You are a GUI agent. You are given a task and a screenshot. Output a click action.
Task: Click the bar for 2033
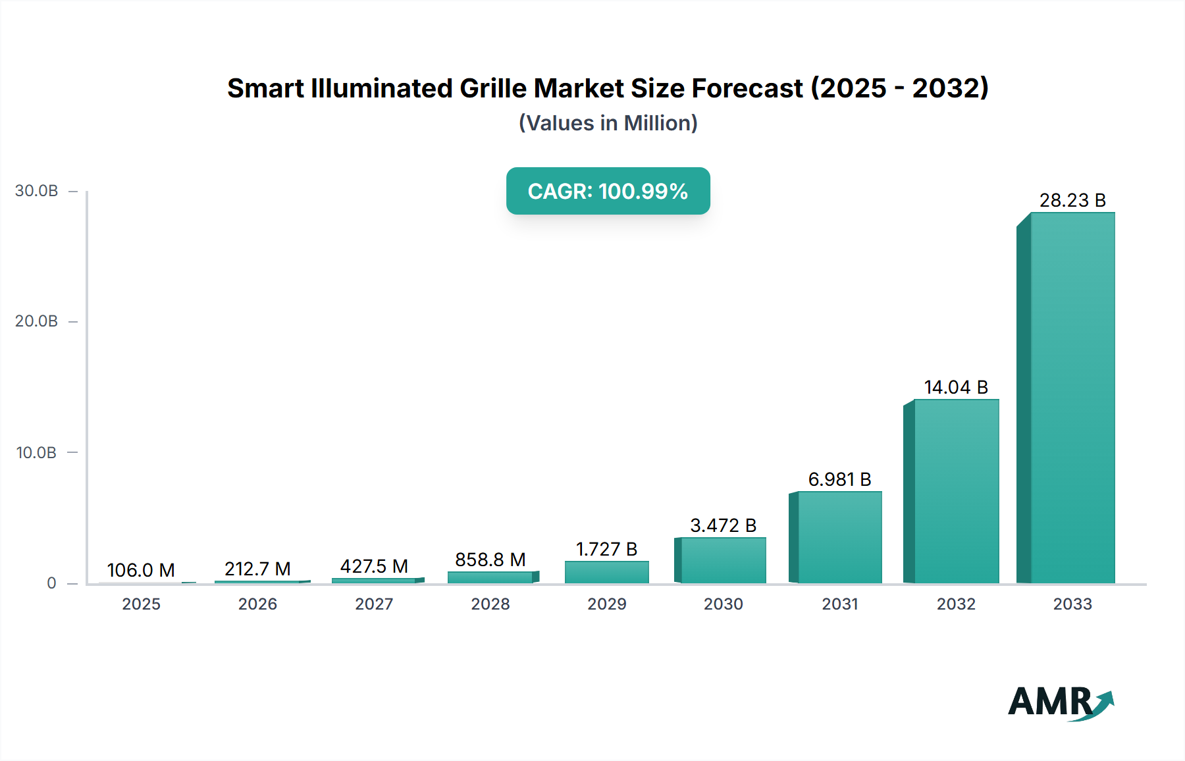(1072, 398)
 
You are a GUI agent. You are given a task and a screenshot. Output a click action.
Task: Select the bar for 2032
(956, 491)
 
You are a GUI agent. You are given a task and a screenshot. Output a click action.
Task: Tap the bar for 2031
(839, 537)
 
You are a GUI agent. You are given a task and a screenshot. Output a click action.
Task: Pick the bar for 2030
(723, 560)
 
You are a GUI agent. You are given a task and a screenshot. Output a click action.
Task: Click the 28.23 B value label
(1072, 200)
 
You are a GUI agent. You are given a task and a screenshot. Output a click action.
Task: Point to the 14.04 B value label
(956, 387)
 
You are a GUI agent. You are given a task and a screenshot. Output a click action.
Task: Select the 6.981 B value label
(839, 479)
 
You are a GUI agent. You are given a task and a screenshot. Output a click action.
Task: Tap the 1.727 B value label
(606, 549)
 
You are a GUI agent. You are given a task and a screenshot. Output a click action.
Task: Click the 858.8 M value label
(490, 560)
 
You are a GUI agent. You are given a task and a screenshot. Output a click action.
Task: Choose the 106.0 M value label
(141, 570)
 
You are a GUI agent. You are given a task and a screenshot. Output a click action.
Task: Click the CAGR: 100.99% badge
(608, 191)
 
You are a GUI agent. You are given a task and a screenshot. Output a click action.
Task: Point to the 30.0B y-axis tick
(37, 191)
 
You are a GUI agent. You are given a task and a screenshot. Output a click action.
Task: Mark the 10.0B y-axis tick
(37, 453)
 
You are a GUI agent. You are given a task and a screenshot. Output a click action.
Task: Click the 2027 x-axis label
(374, 604)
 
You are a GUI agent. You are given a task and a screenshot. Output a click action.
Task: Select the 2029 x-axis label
(606, 604)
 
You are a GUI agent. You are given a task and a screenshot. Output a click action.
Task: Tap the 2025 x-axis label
(141, 604)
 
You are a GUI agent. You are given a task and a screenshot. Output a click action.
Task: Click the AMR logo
(1060, 702)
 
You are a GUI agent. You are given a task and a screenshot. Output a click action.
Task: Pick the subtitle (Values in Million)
(608, 123)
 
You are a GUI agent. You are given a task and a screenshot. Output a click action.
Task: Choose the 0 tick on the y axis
(51, 583)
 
